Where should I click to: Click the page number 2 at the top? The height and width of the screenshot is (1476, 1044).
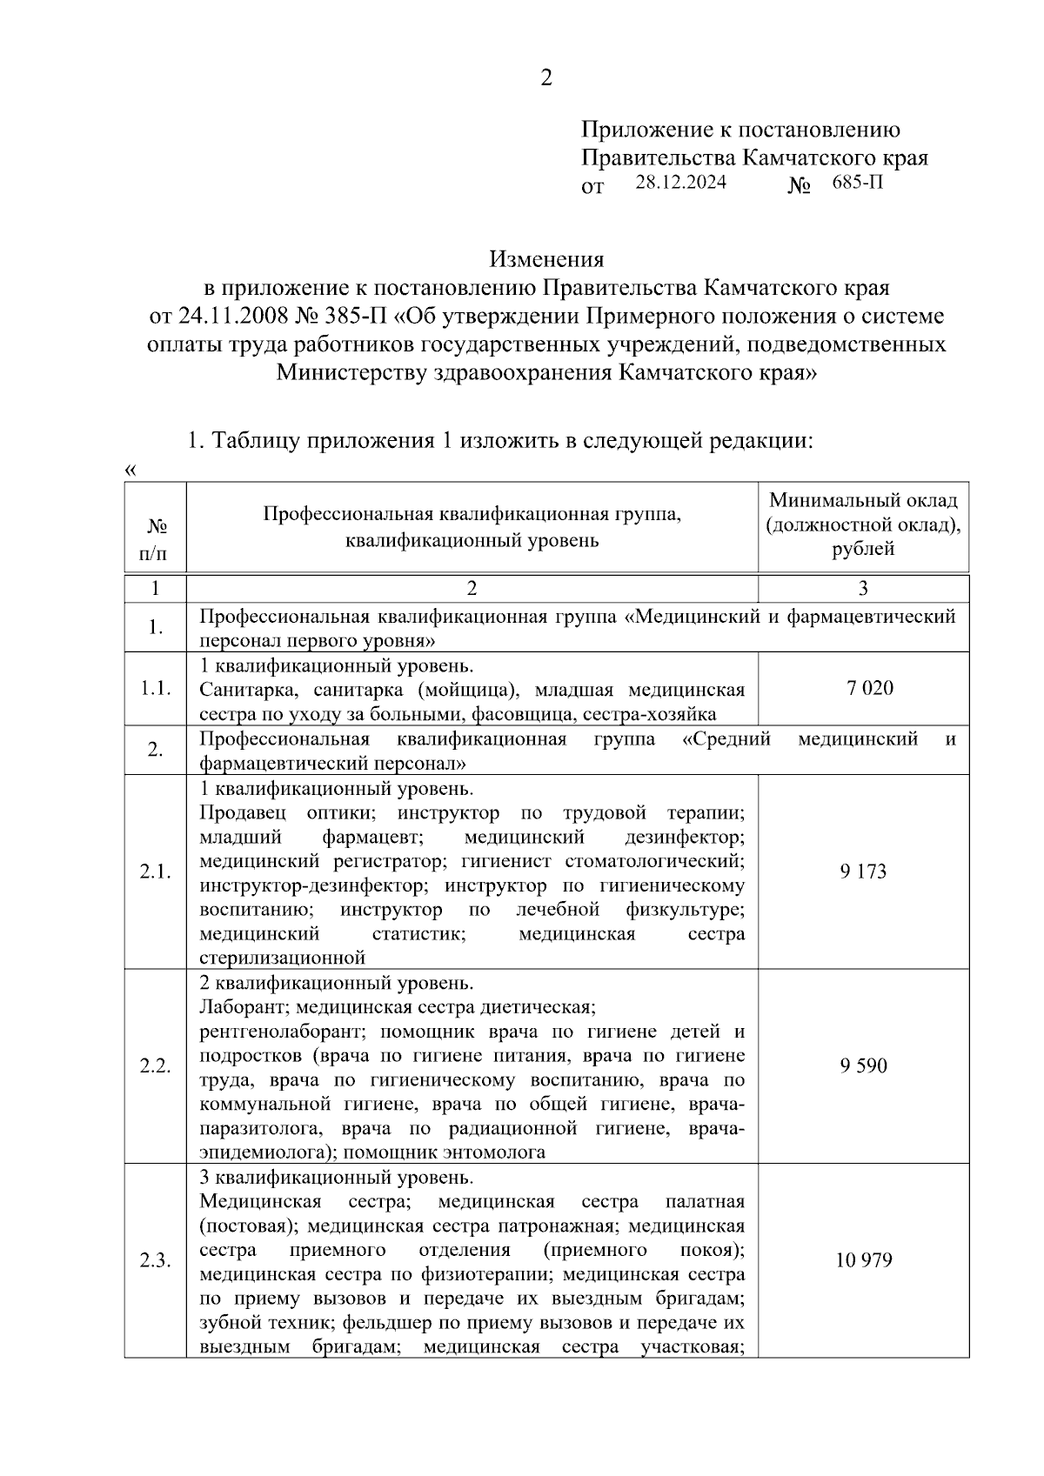[545, 79]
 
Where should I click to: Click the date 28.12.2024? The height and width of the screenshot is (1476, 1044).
[679, 184]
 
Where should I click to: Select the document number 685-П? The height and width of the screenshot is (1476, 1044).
[857, 184]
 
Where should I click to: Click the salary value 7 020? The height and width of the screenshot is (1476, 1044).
[869, 689]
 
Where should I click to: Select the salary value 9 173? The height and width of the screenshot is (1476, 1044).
[863, 872]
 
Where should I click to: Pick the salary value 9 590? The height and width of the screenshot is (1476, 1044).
[863, 1065]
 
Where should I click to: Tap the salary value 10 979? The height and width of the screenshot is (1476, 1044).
[863, 1260]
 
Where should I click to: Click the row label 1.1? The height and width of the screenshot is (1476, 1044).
[155, 689]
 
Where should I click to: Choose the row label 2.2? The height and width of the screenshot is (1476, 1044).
[155, 1066]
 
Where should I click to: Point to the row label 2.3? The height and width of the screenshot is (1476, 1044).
[155, 1261]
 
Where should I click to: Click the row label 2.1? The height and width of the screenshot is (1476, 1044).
[155, 872]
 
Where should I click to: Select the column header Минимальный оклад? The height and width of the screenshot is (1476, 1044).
[863, 501]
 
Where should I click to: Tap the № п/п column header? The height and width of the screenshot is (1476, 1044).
[155, 539]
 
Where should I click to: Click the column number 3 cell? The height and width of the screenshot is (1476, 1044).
[863, 589]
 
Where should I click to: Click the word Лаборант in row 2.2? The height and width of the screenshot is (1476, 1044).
[232, 1008]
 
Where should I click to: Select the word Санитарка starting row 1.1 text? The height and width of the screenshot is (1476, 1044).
[240, 691]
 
